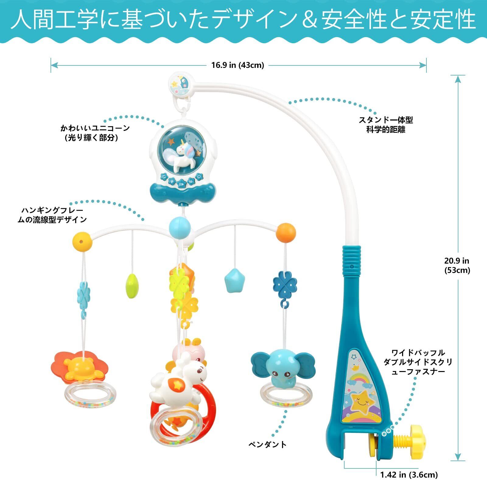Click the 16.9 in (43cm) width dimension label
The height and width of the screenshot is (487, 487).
(x=238, y=65)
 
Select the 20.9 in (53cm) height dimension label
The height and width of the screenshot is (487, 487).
(x=457, y=265)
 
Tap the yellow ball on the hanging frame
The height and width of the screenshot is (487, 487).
(x=82, y=241)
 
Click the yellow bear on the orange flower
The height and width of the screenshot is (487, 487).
(x=80, y=367)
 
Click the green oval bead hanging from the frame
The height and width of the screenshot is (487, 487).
(x=131, y=286)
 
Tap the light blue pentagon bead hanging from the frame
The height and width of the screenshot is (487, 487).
(x=234, y=280)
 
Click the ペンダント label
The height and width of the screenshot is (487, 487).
(x=268, y=445)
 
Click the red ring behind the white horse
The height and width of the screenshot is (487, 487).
(x=207, y=408)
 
